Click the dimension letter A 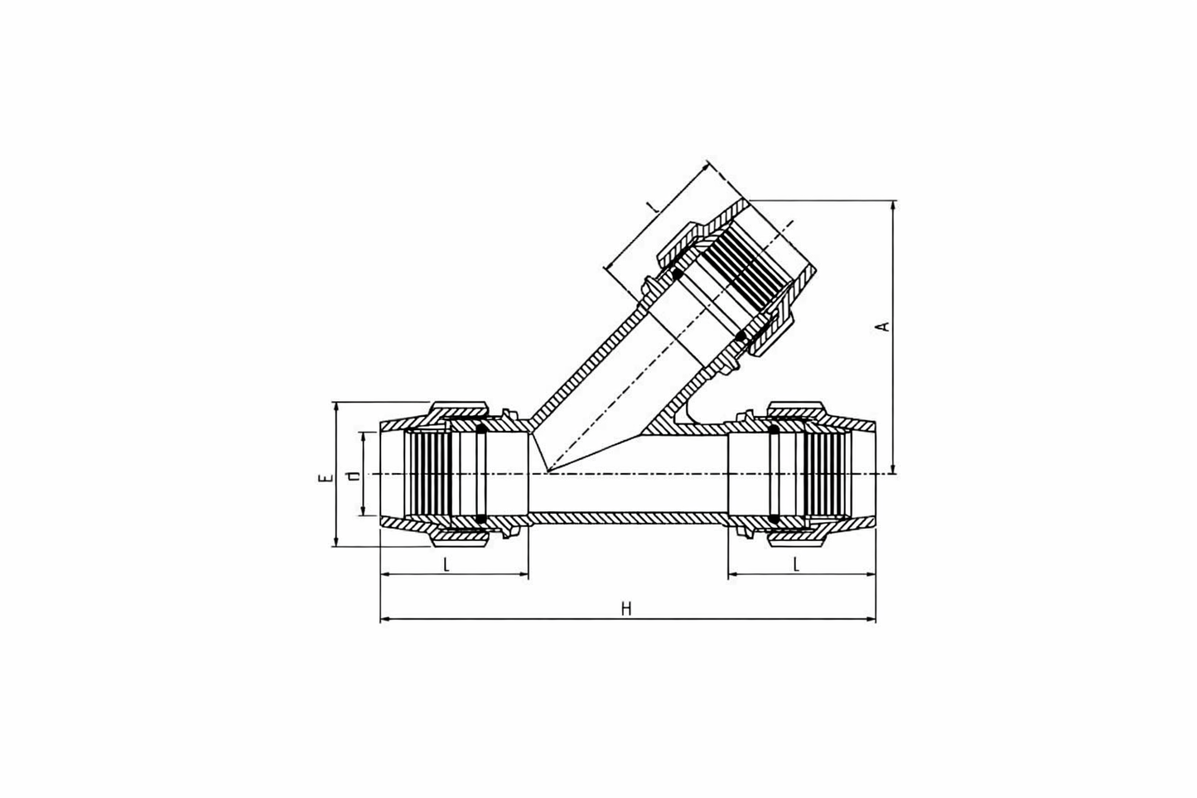tap(884, 326)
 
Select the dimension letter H tap(627, 609)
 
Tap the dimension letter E tap(326, 478)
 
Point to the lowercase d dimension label tap(354, 476)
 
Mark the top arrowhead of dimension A tap(893, 205)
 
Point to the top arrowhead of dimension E tap(335, 407)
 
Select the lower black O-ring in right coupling tap(775, 520)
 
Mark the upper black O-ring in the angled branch tap(677, 273)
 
